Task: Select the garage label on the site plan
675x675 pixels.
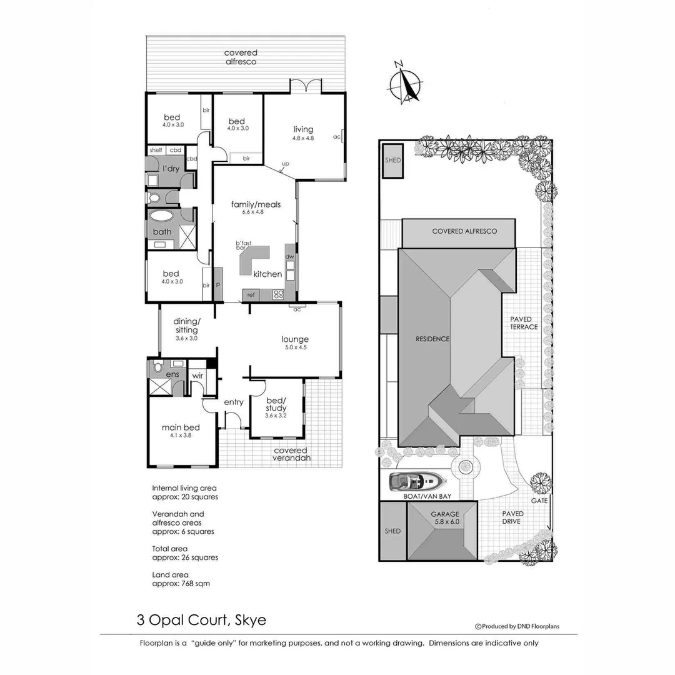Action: coord(444,517)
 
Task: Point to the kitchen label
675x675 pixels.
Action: coord(267,274)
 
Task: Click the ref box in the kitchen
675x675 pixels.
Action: coord(251,294)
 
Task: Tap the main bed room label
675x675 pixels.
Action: coord(181,427)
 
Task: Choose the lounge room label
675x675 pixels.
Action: coord(295,339)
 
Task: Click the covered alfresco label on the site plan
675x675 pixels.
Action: coord(464,231)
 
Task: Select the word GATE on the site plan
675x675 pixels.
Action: coord(539,501)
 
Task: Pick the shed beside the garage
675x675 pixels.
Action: coord(392,531)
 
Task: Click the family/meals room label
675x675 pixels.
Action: coord(256,204)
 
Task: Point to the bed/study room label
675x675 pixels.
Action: coord(276,404)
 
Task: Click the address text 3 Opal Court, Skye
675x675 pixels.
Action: coord(201,621)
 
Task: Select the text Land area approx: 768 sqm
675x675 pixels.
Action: coord(181,579)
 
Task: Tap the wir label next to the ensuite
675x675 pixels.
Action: coord(197,376)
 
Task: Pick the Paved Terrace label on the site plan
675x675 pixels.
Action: coord(523,323)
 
